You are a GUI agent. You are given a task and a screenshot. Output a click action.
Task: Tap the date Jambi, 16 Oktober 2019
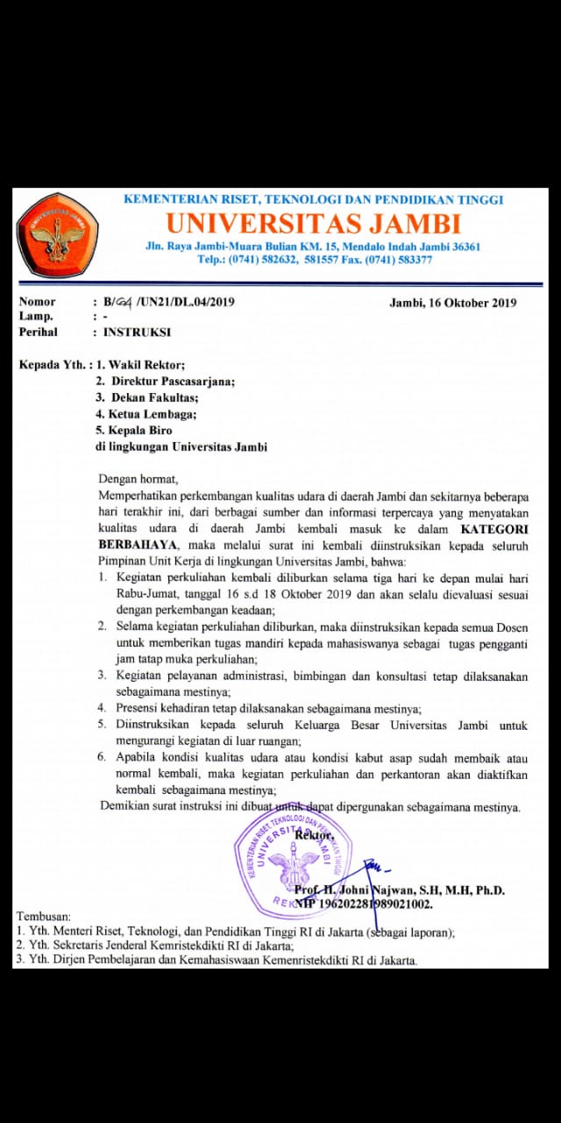(452, 304)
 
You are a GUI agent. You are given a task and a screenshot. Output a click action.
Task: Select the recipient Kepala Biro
(139, 431)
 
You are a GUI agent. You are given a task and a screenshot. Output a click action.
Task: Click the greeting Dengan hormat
(138, 479)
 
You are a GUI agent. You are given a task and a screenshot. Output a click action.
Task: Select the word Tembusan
(45, 916)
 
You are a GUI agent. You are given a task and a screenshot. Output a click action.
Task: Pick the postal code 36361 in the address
(462, 247)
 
